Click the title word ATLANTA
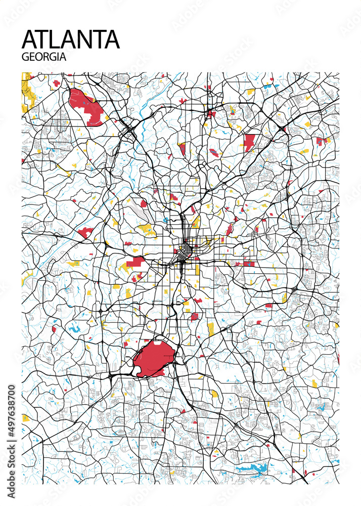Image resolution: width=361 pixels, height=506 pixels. click(71, 39)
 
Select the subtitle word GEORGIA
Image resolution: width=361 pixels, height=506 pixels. click(44, 57)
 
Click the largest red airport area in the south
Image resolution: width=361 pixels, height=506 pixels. click(154, 358)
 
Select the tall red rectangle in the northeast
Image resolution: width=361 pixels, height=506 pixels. click(249, 143)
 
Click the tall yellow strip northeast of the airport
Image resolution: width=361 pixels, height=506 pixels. click(211, 329)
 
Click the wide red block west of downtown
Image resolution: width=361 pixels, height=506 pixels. click(135, 262)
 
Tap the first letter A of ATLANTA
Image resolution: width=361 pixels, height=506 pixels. click(31, 39)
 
